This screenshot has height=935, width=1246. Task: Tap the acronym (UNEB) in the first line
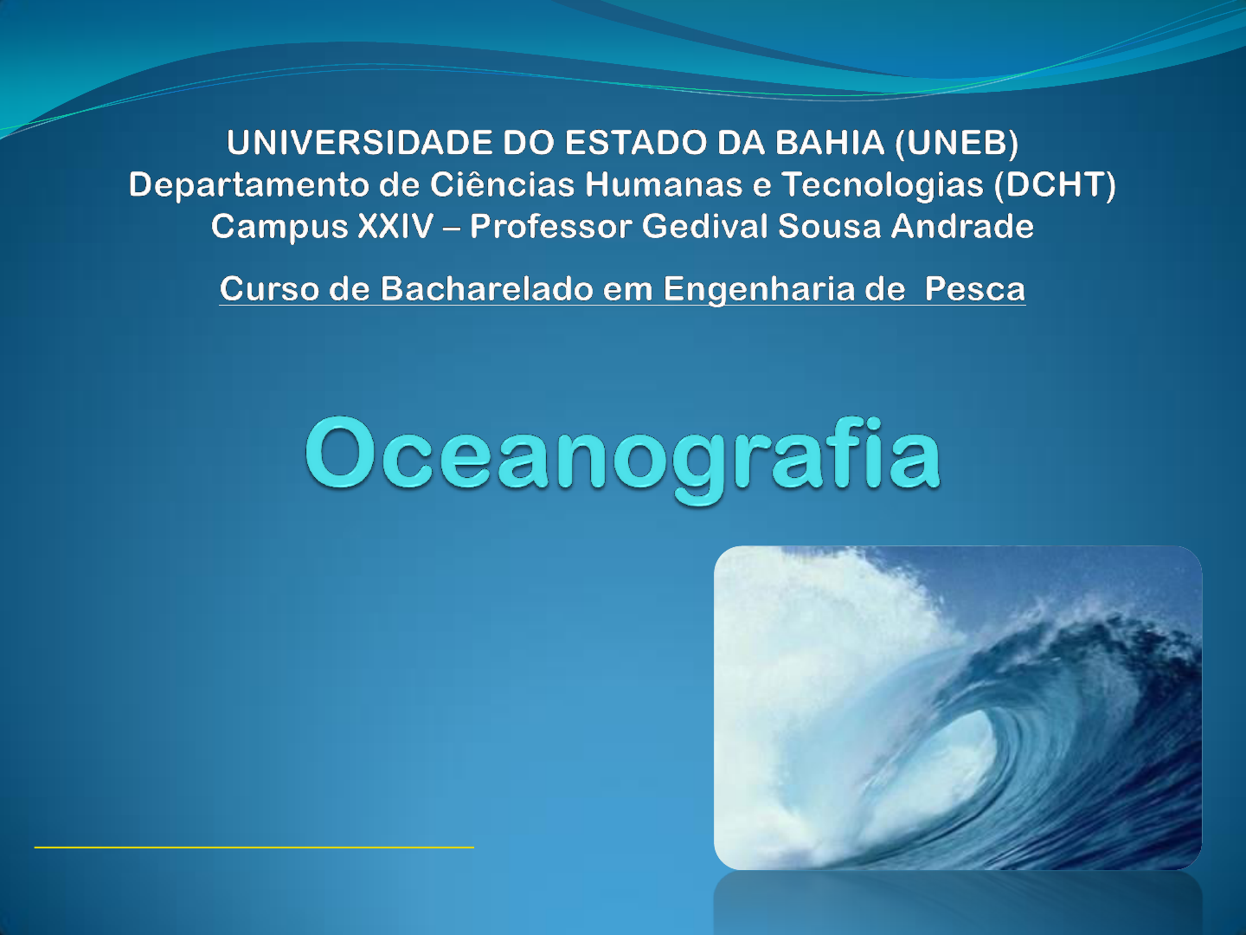[x=956, y=143]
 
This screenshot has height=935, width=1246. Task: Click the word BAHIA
[x=830, y=143]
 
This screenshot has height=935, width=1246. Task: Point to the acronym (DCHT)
[x=1055, y=184]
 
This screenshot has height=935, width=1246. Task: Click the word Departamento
[x=248, y=185]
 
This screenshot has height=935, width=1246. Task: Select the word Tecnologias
[x=883, y=185]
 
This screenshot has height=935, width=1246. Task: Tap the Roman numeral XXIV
[x=395, y=226]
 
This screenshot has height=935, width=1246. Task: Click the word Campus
[x=279, y=227]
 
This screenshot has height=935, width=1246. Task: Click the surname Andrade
[x=962, y=226]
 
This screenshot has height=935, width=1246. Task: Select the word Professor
[x=550, y=227]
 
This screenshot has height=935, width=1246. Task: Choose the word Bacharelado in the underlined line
[x=486, y=288]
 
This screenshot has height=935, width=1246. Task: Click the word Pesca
[x=974, y=289]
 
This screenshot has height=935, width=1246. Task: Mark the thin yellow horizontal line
[x=254, y=847]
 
